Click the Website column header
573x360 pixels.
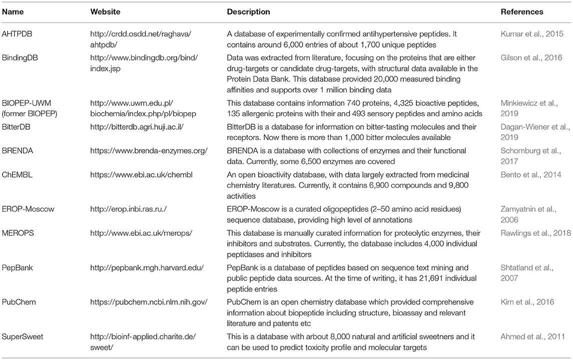pyautogui.click(x=105, y=12)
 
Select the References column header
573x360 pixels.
pyautogui.click(x=522, y=12)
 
